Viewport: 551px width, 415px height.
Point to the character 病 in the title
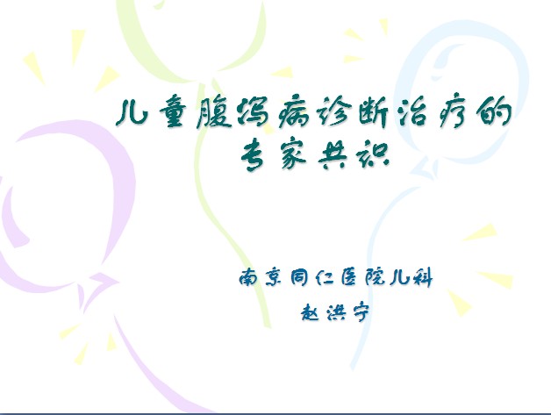[294, 113]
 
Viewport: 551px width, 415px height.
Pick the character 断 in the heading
[374, 113]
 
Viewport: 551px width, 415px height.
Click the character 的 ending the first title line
[492, 112]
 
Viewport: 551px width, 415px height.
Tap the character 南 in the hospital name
[250, 277]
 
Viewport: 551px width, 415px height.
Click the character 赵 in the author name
[311, 311]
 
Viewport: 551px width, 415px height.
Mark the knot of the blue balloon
[425, 168]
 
